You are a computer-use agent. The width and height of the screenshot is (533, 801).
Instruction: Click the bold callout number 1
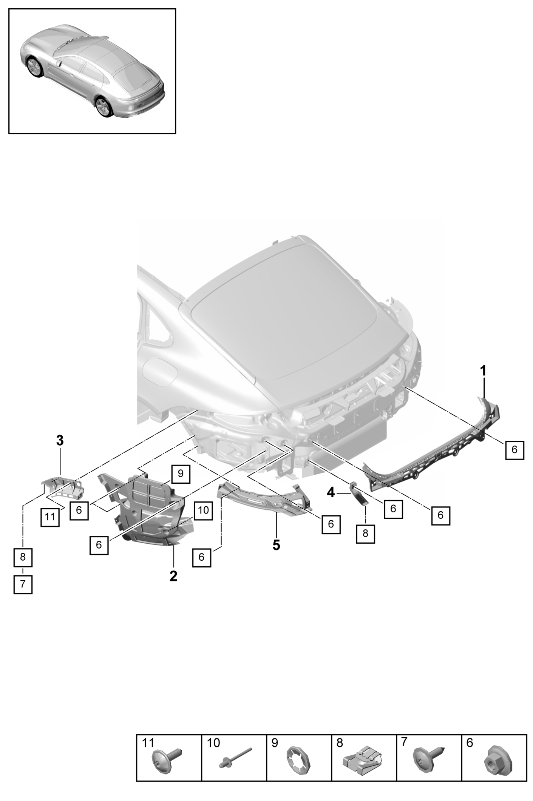(x=483, y=371)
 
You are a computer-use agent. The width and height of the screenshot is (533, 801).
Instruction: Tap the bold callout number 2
(x=173, y=576)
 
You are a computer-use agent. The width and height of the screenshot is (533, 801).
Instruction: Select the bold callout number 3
(x=60, y=440)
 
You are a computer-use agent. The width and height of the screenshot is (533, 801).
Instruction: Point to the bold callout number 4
(x=331, y=492)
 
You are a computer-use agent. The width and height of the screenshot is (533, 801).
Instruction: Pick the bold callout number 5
(x=277, y=545)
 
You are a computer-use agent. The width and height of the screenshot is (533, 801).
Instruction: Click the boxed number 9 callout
(x=181, y=473)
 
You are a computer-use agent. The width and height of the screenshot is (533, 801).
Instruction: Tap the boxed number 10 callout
(x=203, y=510)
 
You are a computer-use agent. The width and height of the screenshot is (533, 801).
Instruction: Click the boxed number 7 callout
(x=23, y=595)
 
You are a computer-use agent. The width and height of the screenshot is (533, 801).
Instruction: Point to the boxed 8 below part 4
(x=365, y=534)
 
